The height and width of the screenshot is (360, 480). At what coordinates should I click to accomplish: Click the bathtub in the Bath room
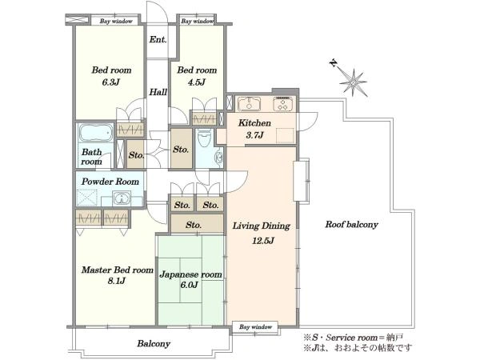click(x=96, y=133)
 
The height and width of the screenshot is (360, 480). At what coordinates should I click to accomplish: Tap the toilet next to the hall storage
click(x=205, y=138)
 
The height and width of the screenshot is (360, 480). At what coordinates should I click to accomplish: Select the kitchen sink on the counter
click(x=249, y=104)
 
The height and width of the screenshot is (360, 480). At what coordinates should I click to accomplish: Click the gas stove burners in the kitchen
click(x=284, y=103)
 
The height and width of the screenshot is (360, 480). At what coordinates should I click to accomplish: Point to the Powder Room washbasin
click(x=122, y=198)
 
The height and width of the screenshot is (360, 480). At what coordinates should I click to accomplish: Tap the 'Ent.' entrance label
click(x=158, y=39)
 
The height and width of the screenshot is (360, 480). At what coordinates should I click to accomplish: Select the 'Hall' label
click(x=158, y=92)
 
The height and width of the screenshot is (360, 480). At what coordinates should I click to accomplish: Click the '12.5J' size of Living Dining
click(x=262, y=241)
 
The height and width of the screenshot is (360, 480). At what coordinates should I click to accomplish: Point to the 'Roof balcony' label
click(x=351, y=224)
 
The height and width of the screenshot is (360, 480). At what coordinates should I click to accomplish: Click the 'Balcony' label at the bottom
click(x=154, y=343)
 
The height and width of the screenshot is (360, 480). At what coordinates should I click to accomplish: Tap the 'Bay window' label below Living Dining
click(x=255, y=327)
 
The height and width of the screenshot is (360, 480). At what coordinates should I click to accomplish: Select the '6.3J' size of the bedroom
click(x=110, y=82)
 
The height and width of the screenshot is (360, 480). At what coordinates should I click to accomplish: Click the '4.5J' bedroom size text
click(x=196, y=82)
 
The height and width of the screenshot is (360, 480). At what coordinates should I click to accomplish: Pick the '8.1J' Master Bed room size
click(x=116, y=281)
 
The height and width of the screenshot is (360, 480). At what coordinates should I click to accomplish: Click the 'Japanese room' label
click(x=190, y=274)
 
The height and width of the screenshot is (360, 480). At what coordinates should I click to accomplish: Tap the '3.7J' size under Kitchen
click(x=254, y=134)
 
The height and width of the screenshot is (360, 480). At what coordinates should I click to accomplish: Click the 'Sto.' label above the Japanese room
click(x=194, y=226)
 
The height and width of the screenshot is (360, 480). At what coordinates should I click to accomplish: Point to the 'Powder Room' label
click(x=110, y=182)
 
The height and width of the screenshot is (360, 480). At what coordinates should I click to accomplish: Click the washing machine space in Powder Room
click(x=87, y=198)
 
